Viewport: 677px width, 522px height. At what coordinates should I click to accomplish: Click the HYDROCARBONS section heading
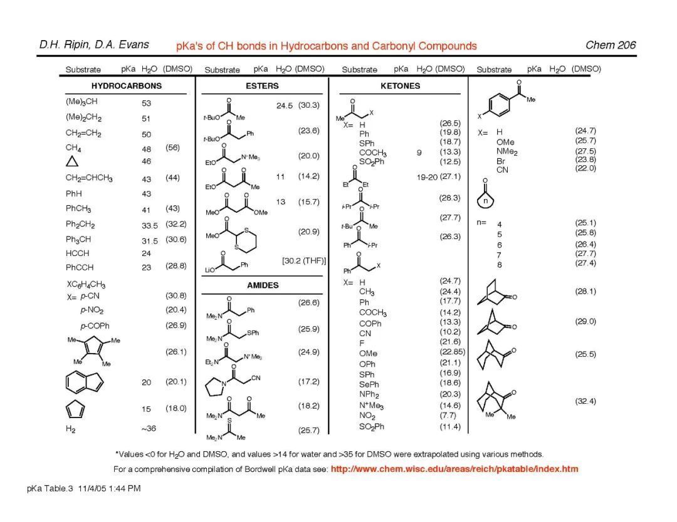point(126,86)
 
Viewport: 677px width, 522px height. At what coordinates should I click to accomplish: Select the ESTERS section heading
point(262,86)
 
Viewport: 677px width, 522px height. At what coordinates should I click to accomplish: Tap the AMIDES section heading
point(263,285)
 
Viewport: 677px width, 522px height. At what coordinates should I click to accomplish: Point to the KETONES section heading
point(400,86)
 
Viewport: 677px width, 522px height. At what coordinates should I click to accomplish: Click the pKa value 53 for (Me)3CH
point(146,103)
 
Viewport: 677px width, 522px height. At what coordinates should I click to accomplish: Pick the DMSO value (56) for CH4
point(172,148)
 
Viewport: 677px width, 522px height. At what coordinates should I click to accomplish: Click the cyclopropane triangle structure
point(72,161)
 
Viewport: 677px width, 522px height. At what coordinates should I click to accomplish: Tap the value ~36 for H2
point(148,429)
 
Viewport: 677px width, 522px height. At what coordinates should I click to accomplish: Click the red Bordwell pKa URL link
point(454,469)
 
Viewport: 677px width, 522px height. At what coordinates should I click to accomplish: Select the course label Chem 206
point(610,45)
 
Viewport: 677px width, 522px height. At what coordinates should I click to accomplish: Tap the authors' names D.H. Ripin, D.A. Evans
point(94,44)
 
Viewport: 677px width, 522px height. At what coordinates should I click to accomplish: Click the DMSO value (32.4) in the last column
point(585,401)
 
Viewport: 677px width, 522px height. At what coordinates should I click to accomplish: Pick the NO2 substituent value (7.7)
point(449,415)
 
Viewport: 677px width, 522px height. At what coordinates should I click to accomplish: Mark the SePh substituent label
point(369,384)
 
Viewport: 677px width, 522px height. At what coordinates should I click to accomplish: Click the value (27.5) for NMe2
point(585,151)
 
